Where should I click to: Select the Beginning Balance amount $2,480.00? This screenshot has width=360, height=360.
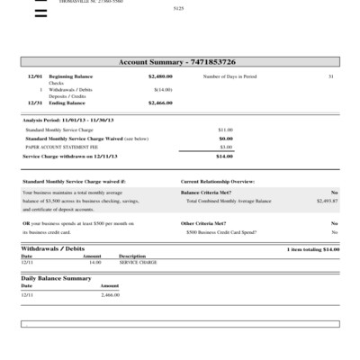click(x=159, y=77)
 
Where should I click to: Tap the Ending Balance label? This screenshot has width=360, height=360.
click(x=66, y=103)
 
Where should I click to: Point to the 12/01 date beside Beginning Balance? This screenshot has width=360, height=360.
click(x=35, y=77)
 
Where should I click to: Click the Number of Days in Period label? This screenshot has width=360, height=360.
click(x=229, y=77)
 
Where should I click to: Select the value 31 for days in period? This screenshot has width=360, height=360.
click(x=331, y=77)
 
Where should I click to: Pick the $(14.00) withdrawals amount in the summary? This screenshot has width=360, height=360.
click(x=163, y=90)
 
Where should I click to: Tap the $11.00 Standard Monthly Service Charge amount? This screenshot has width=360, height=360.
click(x=225, y=130)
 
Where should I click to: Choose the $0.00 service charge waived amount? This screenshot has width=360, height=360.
click(x=226, y=139)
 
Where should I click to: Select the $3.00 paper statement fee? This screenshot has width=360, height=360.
click(x=226, y=147)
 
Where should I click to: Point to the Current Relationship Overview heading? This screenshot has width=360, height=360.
click(x=218, y=182)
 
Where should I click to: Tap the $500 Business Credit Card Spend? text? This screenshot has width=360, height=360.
click(x=221, y=232)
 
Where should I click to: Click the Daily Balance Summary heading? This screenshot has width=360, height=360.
click(x=56, y=279)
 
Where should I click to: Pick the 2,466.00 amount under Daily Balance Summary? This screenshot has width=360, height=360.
click(x=110, y=295)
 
